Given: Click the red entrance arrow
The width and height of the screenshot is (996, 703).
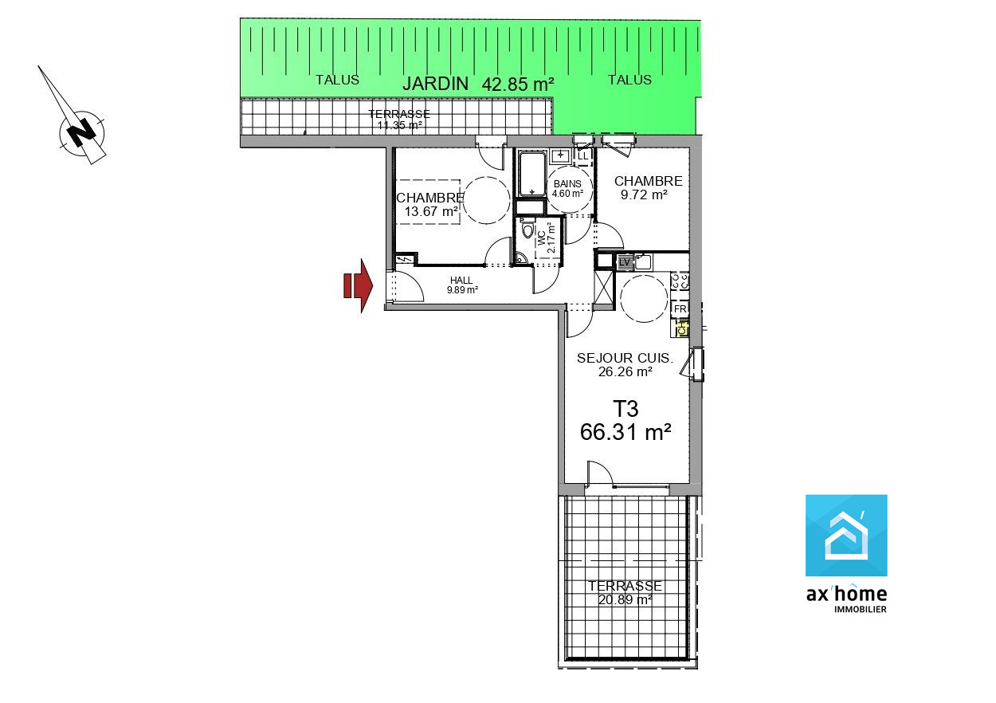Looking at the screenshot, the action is pos(358,285).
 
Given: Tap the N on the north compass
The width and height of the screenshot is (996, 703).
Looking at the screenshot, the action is pos(81,132).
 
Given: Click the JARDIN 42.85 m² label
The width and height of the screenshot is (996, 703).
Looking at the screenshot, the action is pos(478,84).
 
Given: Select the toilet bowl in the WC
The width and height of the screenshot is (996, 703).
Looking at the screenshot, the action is pos(527,230).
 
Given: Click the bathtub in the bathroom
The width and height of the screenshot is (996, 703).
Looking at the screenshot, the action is pos(531,174).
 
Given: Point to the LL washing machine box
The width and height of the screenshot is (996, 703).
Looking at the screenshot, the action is pos(583,156).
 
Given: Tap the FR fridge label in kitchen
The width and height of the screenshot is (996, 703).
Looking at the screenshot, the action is pos(680,308).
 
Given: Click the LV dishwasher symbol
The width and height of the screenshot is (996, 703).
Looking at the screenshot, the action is pos(625,262).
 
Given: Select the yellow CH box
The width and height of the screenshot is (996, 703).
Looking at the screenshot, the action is pos(682,329).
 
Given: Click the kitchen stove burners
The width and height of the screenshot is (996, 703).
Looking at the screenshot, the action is pos(680,281).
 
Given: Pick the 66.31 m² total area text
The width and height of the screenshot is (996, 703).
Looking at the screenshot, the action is pos(625,432).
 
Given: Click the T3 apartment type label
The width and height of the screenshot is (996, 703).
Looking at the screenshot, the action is pos(625,409).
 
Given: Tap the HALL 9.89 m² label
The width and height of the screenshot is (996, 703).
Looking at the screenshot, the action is pos(462,285).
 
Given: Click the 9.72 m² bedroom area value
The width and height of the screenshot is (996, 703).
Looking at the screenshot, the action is pos(644,194).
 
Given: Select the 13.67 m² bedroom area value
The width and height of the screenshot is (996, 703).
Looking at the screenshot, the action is pos(431,211).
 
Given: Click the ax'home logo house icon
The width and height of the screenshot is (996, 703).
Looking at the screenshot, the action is pos(845,536).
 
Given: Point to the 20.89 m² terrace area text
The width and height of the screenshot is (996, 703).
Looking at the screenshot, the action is pos(625,600).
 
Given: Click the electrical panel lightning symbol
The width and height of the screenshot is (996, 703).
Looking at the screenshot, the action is pos(404,259).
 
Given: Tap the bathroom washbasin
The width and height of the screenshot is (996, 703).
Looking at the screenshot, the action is pos(560,155).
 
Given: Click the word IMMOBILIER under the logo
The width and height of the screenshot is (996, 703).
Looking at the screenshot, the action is pos(860,610).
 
